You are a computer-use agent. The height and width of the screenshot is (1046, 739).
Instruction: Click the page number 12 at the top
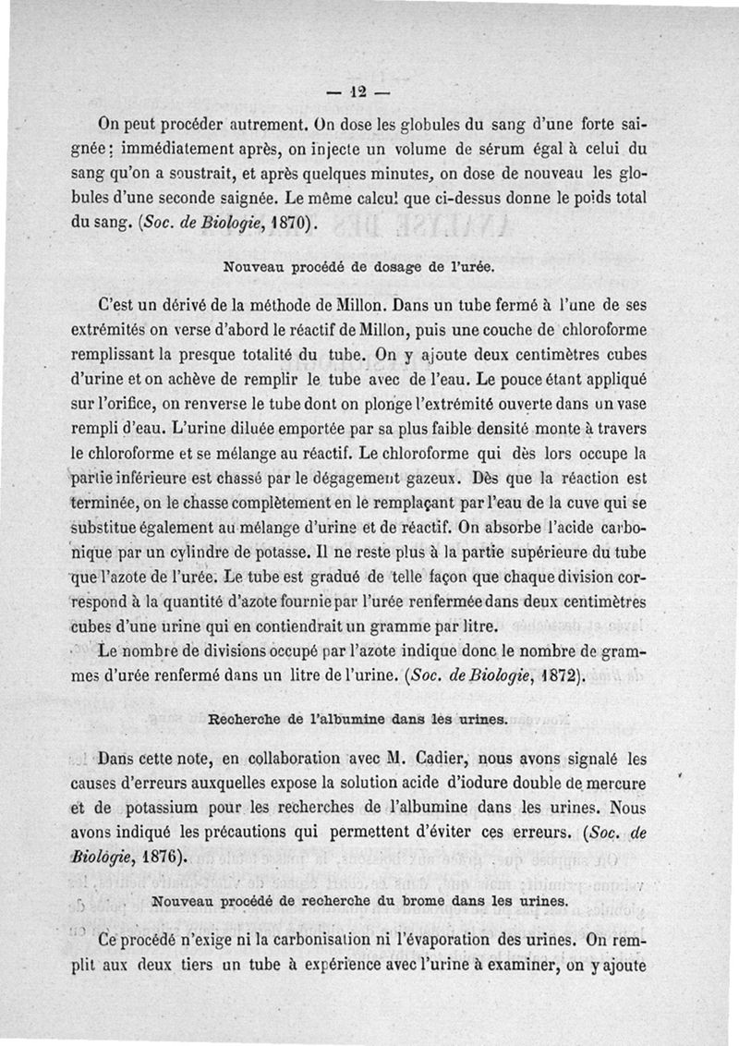357,91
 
